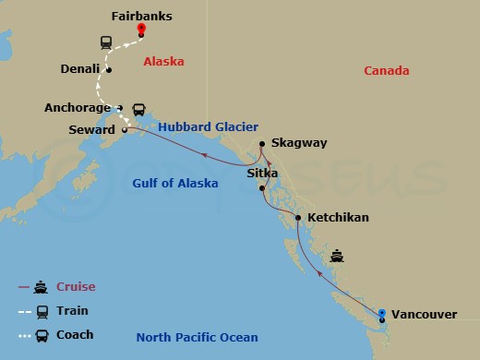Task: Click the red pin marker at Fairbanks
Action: pos(141,29)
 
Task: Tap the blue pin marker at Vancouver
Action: pos(382,313)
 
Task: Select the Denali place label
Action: pos(79,68)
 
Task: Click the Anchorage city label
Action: pos(78,107)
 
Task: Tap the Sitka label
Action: pos(263,173)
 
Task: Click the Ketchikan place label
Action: pos(338,218)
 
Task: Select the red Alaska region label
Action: pos(163,62)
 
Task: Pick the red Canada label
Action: pos(386,71)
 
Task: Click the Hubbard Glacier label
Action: pos(208,126)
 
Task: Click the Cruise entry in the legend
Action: pos(76,286)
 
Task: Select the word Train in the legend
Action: pos(73,310)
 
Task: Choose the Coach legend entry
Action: pos(75,334)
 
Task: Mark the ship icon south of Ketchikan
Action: pos(337,254)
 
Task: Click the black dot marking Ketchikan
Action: pos(297,219)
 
